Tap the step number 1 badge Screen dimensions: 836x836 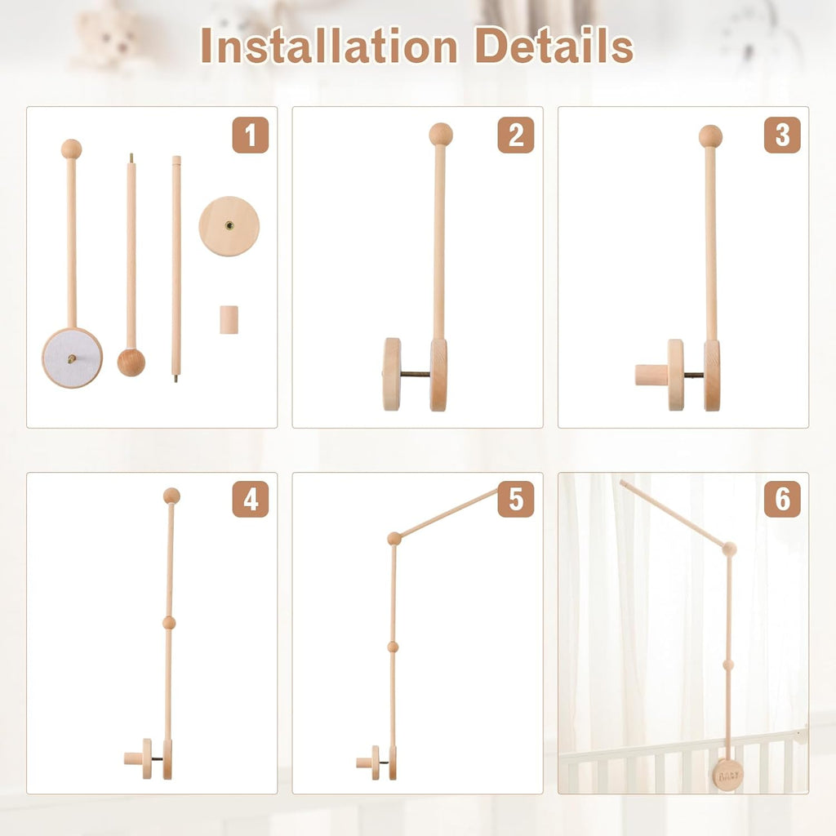tap(250, 136)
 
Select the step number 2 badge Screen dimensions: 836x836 tap(516, 136)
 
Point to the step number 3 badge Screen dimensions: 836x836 tap(782, 136)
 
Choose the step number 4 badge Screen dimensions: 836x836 tap(250, 499)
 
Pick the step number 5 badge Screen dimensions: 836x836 tap(516, 499)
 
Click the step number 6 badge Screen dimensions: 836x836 tap(782, 499)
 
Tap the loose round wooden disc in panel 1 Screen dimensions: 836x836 tap(229, 225)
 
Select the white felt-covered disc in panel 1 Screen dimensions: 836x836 tap(73, 358)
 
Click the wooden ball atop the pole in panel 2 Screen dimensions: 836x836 tap(441, 134)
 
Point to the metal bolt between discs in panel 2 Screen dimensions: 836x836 tap(416, 375)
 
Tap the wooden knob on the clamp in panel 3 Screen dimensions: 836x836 tap(650, 375)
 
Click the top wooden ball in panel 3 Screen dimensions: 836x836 tap(710, 136)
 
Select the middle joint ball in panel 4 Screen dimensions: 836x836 tap(169, 623)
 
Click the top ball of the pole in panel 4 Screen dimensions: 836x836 tap(171, 496)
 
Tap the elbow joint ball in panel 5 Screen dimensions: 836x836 tap(394, 538)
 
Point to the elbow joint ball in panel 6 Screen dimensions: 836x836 tap(729, 549)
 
